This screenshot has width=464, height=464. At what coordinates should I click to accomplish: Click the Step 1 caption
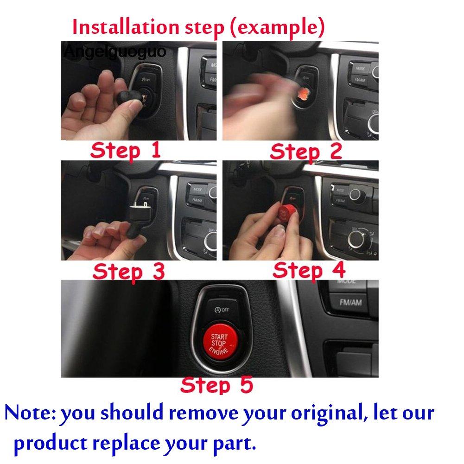(126, 151)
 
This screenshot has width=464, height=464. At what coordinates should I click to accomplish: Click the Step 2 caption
(306, 151)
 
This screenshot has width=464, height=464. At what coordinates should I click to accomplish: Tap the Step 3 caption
(128, 271)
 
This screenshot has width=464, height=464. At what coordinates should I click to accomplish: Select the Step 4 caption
(309, 270)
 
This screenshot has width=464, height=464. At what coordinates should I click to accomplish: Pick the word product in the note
(50, 444)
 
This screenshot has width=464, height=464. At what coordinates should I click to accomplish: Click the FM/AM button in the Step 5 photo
(350, 302)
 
